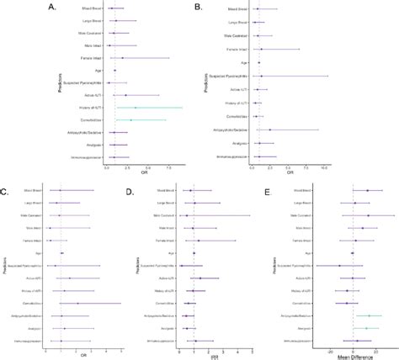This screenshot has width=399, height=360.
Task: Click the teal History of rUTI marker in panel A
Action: tap(135, 107)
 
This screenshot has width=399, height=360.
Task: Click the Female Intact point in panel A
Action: tap(122, 58)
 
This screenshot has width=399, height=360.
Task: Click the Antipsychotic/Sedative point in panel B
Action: tap(269, 130)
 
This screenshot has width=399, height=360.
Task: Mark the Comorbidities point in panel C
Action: tap(77, 303)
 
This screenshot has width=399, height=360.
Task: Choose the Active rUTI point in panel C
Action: tap(70, 278)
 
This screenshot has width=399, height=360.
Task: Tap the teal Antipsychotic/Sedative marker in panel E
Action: tap(368, 315)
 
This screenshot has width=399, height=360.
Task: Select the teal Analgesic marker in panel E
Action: tap(365, 328)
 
